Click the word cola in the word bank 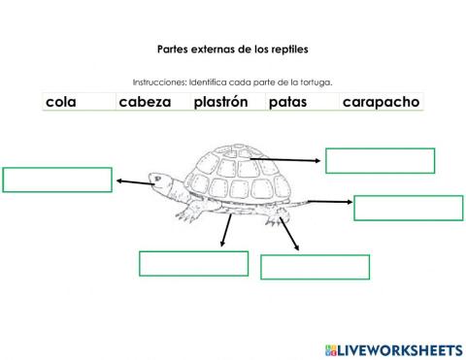pos(61,101)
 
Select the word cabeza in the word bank pos(144,101)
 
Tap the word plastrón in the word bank pos(220,101)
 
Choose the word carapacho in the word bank pos(380,101)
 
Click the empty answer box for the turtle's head pos(57,180)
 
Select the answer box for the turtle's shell pos(380,160)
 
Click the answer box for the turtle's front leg pos(194,263)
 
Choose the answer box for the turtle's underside pos(315,267)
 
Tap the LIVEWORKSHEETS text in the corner pos(401,349)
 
